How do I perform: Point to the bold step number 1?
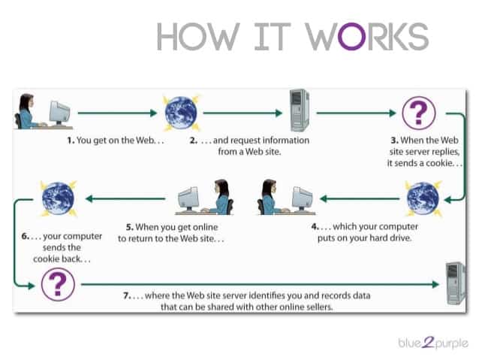tap(69, 139)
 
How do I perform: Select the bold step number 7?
tap(127, 295)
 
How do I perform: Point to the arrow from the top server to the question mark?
tap(355, 113)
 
